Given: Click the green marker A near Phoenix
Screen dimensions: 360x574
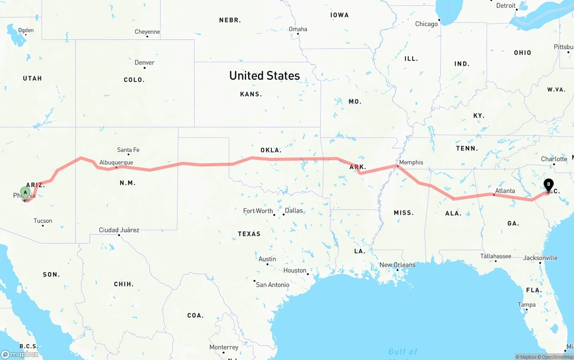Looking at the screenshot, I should [26, 193].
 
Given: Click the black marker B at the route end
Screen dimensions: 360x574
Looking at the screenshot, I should [548, 184].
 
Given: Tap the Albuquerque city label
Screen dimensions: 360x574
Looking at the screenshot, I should [116, 162].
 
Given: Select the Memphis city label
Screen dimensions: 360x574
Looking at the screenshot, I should [411, 162].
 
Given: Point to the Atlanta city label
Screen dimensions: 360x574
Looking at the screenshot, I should [505, 191].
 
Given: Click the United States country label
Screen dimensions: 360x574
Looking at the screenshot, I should [265, 75].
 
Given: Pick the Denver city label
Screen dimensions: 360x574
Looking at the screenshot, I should [144, 62].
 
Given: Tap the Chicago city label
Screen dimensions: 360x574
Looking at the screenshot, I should [426, 24].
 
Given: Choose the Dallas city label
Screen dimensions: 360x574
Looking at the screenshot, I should [294, 210].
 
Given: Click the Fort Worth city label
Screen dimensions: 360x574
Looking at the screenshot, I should [258, 211].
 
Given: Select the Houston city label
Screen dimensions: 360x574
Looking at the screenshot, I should [295, 270].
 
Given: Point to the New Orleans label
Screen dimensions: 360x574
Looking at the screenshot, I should [397, 265].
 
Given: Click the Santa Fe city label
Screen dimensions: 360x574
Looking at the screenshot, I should [128, 150].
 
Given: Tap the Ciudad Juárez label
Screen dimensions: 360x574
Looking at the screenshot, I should [119, 230].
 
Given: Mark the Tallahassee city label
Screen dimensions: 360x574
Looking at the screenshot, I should [496, 256].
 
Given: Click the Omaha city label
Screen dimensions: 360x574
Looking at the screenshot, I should [298, 29].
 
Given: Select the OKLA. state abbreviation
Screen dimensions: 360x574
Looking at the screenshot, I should [271, 150].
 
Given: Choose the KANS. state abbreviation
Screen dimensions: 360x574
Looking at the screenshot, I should [251, 94].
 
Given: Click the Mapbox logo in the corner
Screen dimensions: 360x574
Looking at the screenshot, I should [20, 354].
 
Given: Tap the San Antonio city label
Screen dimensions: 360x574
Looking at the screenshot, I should [273, 285].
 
